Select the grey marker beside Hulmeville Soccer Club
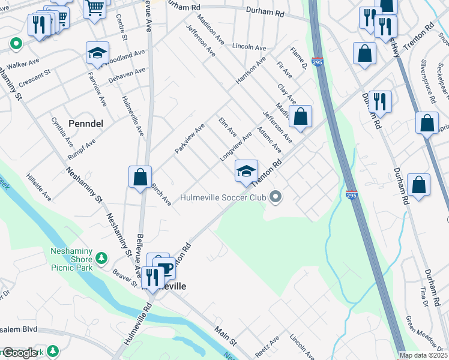[x=276, y=196]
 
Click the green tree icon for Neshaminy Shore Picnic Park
[x=101, y=258]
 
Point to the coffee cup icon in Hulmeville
[x=164, y=268]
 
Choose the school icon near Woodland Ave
[x=97, y=55]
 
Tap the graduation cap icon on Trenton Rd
[x=246, y=172]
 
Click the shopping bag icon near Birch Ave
[x=140, y=178]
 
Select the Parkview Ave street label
[x=190, y=139]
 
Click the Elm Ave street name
[x=228, y=127]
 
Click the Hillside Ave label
[x=38, y=188]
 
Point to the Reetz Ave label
[x=267, y=347]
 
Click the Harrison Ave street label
[x=251, y=71]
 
